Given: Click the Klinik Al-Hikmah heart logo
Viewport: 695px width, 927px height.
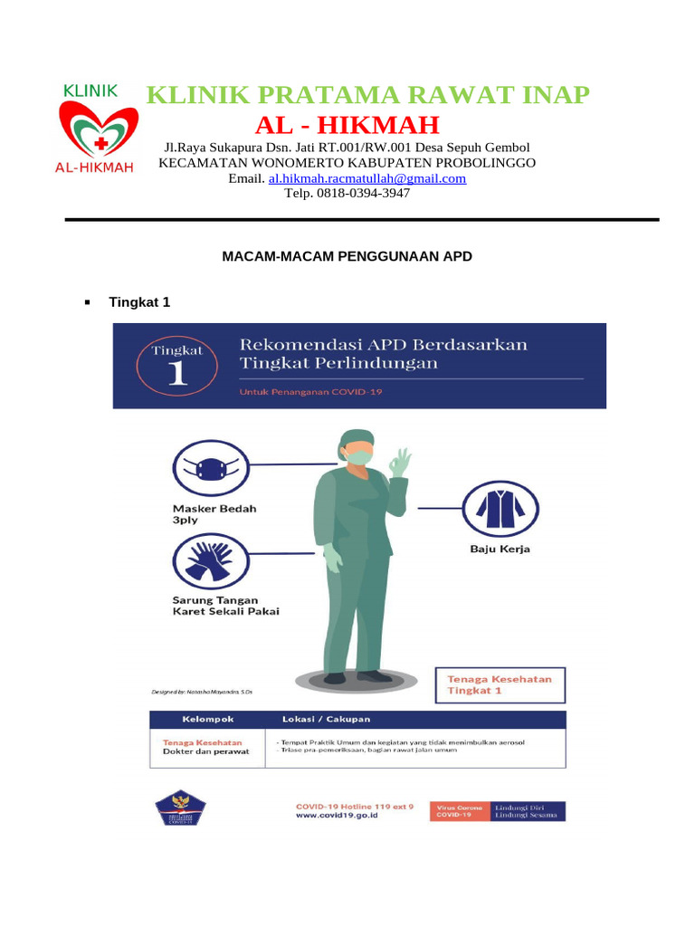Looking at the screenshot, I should (98, 131).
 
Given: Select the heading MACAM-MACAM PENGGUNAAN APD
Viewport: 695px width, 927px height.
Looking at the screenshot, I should (347, 257).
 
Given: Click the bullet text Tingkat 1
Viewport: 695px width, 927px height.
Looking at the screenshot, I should (139, 302).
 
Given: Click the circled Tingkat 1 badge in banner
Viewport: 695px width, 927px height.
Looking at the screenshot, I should (177, 366).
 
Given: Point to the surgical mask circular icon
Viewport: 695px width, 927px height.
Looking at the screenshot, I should (210, 469).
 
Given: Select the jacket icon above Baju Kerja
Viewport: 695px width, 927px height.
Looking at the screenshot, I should (500, 508).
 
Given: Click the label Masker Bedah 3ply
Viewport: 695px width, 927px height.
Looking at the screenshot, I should (214, 514).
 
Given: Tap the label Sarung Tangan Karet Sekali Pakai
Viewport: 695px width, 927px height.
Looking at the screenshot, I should (225, 605).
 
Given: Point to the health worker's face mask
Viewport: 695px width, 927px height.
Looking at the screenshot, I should (359, 457).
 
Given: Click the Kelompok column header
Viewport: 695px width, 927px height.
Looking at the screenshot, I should (208, 719).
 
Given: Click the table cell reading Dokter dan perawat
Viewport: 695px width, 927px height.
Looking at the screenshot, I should (205, 751).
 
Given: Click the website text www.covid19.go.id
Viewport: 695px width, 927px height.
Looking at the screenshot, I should (337, 815).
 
